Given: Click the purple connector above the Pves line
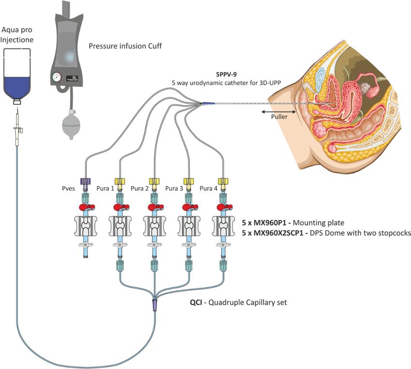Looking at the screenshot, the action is (x=85, y=181).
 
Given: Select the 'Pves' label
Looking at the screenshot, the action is (x=68, y=188).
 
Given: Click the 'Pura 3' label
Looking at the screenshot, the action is (x=174, y=188).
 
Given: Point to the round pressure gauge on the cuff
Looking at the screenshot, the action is (x=57, y=77).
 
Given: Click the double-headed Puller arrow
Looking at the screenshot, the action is (x=279, y=112).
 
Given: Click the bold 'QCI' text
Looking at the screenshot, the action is (x=196, y=302).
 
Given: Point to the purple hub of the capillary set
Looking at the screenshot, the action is (x=155, y=305).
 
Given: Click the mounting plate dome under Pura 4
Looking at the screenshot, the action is (x=223, y=226).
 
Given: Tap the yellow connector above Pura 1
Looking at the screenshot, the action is (x=120, y=181).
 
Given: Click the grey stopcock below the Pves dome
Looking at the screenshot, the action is (x=85, y=245).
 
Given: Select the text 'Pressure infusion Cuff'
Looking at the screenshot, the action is (x=125, y=46).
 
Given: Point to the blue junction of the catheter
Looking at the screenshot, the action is (x=208, y=104).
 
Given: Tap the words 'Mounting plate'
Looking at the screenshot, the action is (x=318, y=223).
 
